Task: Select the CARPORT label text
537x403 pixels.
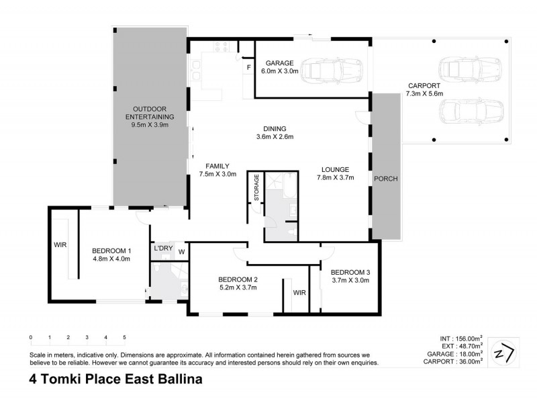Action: pyautogui.click(x=424, y=86)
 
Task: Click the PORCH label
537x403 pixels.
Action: pyautogui.click(x=385, y=179)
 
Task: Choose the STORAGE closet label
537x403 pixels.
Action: pyautogui.click(x=256, y=187)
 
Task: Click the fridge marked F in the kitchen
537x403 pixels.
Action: pyautogui.click(x=248, y=68)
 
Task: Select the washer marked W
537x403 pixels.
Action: pyautogui.click(x=181, y=252)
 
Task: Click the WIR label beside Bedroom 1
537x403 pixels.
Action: pyautogui.click(x=58, y=245)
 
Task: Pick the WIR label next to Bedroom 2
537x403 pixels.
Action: pyautogui.click(x=299, y=293)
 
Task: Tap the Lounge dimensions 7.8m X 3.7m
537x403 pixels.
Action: pyautogui.click(x=335, y=178)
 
